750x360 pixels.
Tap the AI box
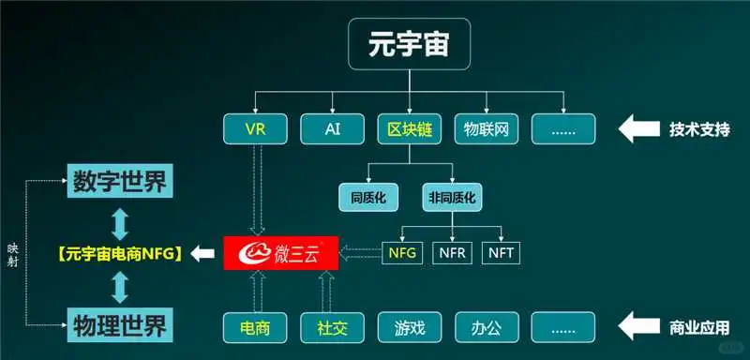click(333, 128)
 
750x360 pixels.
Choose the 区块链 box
click(410, 128)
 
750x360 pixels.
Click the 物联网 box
click(487, 128)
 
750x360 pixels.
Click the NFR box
click(454, 252)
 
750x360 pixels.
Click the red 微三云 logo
click(279, 251)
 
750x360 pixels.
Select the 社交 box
click(333, 327)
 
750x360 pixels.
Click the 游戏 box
click(410, 327)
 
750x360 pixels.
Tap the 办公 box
click(487, 327)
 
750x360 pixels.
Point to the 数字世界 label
click(119, 182)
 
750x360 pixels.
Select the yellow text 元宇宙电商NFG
click(118, 252)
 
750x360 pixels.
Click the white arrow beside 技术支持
click(639, 128)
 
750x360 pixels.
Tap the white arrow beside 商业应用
click(639, 327)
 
